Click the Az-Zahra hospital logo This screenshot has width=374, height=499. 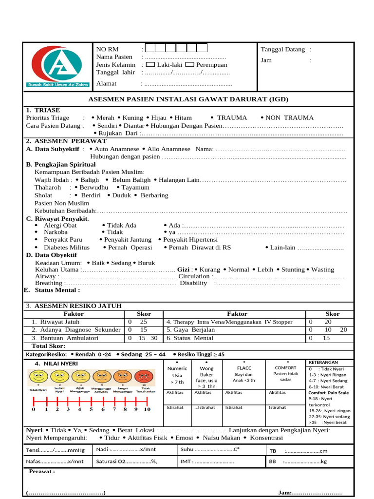57,67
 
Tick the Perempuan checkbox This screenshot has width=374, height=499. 190,64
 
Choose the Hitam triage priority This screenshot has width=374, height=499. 183,118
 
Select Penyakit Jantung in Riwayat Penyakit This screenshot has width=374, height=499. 128,240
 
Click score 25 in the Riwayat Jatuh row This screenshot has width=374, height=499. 143,322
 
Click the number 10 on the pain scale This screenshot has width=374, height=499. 147,409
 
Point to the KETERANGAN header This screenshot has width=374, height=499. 322,363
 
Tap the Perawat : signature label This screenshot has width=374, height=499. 42,472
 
